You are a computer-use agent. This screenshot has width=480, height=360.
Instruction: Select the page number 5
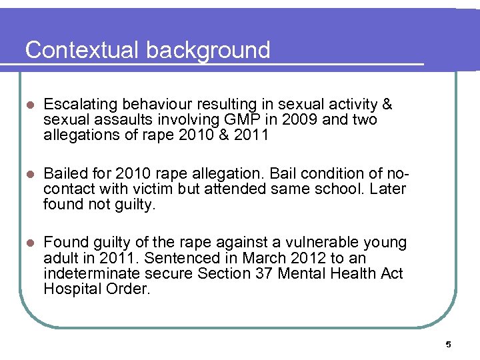(x=448, y=344)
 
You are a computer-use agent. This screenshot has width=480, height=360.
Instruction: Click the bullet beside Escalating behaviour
(x=29, y=105)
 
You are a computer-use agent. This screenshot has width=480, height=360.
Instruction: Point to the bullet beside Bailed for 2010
(x=29, y=175)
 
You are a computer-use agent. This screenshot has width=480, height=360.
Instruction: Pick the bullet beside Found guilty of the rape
(x=29, y=243)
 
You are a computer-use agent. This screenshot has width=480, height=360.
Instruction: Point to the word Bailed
(x=64, y=174)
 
